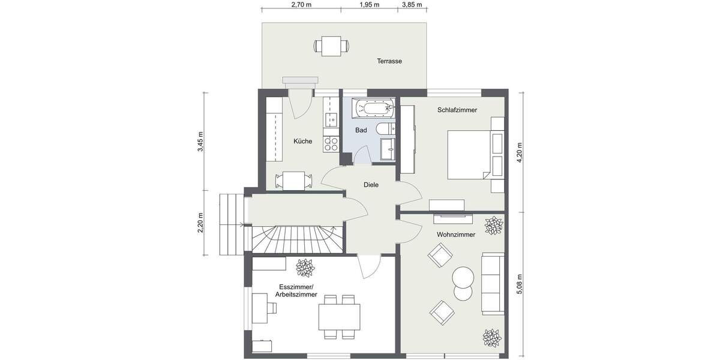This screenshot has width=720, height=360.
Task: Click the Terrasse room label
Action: click(x=389, y=61)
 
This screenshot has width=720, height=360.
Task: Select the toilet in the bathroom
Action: click(x=385, y=128)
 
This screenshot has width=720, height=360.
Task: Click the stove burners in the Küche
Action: click(x=330, y=143)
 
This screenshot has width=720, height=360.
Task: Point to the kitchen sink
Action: click(x=330, y=121)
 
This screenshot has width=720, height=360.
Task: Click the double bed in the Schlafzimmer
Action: click(x=471, y=155)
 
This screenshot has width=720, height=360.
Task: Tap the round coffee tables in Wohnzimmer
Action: click(x=463, y=283)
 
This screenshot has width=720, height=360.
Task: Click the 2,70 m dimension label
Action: click(x=301, y=5)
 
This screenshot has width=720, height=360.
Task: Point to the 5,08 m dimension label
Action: click(x=520, y=282)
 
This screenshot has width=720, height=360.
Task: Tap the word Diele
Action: click(x=371, y=185)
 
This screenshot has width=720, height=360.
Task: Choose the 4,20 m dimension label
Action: click(x=520, y=150)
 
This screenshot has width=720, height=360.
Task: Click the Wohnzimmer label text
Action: click(x=456, y=235)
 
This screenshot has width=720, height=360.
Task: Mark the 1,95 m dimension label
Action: click(x=369, y=5)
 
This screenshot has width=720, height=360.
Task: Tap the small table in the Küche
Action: click(x=293, y=180)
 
